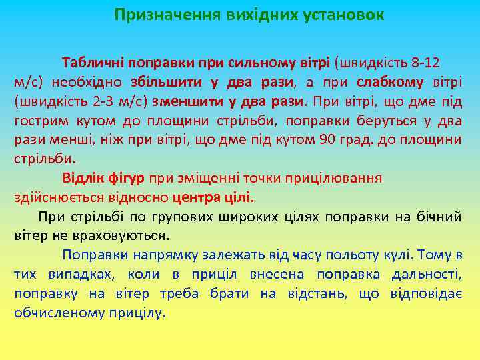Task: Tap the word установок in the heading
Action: click(x=341, y=14)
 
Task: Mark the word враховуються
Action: click(x=122, y=236)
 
